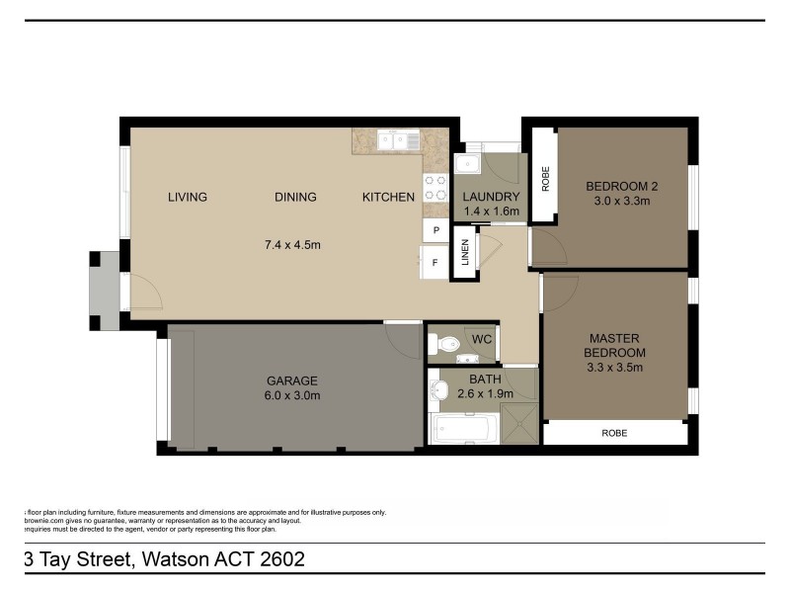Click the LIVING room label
click(x=188, y=197)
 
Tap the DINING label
click(x=295, y=197)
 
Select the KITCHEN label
click(x=388, y=197)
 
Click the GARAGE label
click(x=291, y=381)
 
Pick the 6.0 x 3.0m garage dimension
click(x=291, y=395)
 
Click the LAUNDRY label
click(x=491, y=197)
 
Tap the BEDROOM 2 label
click(x=621, y=186)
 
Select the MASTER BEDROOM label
click(x=617, y=345)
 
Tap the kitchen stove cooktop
click(x=435, y=188)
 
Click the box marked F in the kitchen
click(x=434, y=263)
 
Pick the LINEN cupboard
click(x=463, y=254)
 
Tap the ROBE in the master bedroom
click(x=614, y=433)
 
